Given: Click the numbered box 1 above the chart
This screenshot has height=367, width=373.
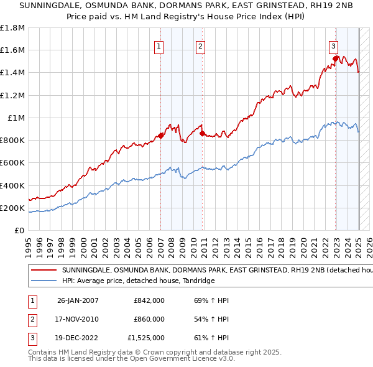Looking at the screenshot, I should [159, 45].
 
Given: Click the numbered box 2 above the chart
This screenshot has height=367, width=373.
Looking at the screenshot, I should [201, 45].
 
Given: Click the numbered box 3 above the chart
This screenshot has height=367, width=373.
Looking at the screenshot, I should [334, 45].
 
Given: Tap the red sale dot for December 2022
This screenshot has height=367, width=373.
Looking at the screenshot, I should [336, 59].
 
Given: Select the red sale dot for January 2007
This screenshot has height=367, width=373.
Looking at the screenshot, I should [161, 136].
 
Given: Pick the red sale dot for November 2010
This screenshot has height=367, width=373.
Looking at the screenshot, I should [203, 133].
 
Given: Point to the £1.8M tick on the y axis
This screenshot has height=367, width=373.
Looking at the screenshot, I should [12, 28].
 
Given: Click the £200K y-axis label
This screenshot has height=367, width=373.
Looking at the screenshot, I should [12, 208].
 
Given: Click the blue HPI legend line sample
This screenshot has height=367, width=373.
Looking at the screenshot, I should [44, 281].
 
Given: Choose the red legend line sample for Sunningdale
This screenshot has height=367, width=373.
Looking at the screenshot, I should [44, 271].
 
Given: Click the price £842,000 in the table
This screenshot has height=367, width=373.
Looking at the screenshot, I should [149, 300].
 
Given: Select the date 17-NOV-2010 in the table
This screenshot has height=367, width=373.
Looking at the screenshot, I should [78, 319].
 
